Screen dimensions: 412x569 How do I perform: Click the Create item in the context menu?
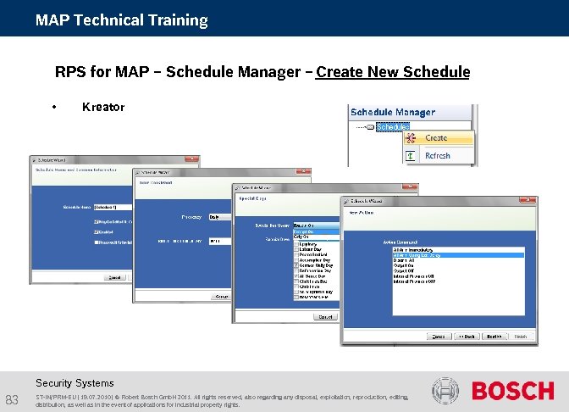click(436, 137)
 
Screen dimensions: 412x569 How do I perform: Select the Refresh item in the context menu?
click(437, 156)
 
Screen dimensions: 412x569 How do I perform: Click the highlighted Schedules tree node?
click(393, 127)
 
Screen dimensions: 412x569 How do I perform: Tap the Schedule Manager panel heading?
click(393, 112)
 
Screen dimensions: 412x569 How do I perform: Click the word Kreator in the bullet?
click(103, 107)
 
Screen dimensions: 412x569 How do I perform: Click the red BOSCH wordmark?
click(512, 391)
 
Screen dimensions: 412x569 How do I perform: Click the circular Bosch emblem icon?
click(445, 391)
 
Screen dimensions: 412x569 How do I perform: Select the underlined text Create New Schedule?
click(393, 72)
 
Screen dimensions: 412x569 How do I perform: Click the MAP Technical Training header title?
click(122, 19)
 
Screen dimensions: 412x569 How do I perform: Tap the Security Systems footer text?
click(75, 383)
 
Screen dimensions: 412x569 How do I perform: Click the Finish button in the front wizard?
click(521, 337)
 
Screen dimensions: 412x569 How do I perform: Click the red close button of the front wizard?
click(530, 201)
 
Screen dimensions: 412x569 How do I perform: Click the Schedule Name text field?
click(113, 207)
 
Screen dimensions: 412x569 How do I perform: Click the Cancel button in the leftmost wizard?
click(113, 277)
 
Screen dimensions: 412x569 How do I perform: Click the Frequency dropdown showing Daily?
click(218, 217)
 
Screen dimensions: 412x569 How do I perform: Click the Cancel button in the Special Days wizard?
click(324, 316)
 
